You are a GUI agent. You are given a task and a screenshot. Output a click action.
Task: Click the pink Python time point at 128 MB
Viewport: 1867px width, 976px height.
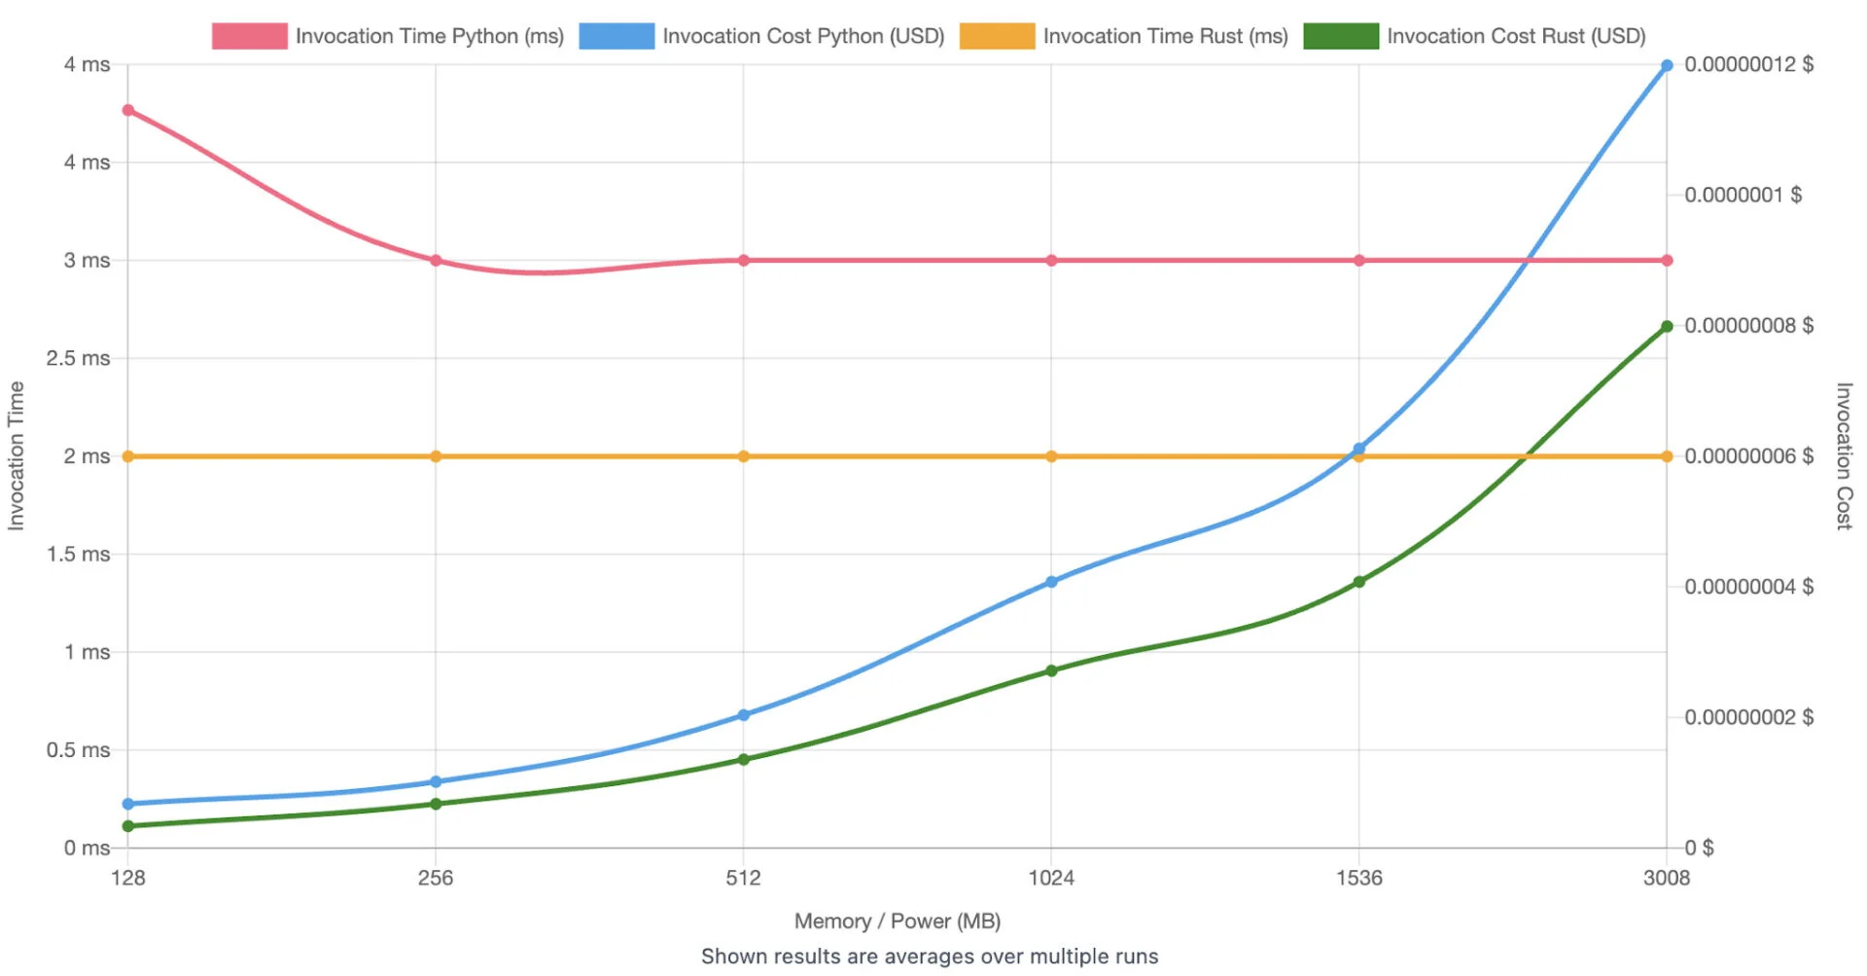128,110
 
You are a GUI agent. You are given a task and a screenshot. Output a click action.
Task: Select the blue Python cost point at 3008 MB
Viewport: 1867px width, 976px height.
1667,65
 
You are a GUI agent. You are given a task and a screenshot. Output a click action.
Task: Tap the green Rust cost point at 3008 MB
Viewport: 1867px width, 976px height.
1667,327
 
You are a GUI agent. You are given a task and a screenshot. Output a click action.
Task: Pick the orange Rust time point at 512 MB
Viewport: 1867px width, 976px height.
744,456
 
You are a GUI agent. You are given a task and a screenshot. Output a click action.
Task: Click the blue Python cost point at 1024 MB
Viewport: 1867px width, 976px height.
1051,582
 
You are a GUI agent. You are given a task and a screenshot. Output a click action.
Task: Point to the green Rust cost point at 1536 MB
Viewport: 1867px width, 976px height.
1359,582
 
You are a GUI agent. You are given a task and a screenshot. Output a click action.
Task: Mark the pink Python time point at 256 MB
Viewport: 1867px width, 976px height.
436,261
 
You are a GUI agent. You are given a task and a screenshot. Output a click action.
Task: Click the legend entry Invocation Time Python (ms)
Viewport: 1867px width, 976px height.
429,36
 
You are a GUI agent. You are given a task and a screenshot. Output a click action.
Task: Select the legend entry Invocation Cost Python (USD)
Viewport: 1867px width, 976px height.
803,36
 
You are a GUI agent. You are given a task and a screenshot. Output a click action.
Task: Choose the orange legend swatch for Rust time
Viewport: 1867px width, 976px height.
997,36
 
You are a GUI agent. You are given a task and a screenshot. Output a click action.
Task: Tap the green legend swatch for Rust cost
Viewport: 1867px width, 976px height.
1341,36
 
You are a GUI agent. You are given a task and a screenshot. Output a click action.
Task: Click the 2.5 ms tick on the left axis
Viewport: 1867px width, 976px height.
78,358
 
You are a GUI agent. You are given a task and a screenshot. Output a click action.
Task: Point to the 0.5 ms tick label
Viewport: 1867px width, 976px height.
78,750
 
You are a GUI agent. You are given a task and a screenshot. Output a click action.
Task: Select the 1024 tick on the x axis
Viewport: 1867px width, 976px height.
1051,878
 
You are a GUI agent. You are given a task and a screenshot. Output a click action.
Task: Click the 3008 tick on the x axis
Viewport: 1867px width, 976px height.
1667,878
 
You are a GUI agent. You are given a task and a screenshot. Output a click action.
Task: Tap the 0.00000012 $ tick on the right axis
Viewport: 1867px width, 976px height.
1748,64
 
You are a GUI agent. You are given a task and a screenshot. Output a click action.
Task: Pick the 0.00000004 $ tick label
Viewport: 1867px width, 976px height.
1748,587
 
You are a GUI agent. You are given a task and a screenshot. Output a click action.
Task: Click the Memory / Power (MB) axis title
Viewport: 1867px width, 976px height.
898,921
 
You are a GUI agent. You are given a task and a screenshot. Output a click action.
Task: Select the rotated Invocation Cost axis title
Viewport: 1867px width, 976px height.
1844,455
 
